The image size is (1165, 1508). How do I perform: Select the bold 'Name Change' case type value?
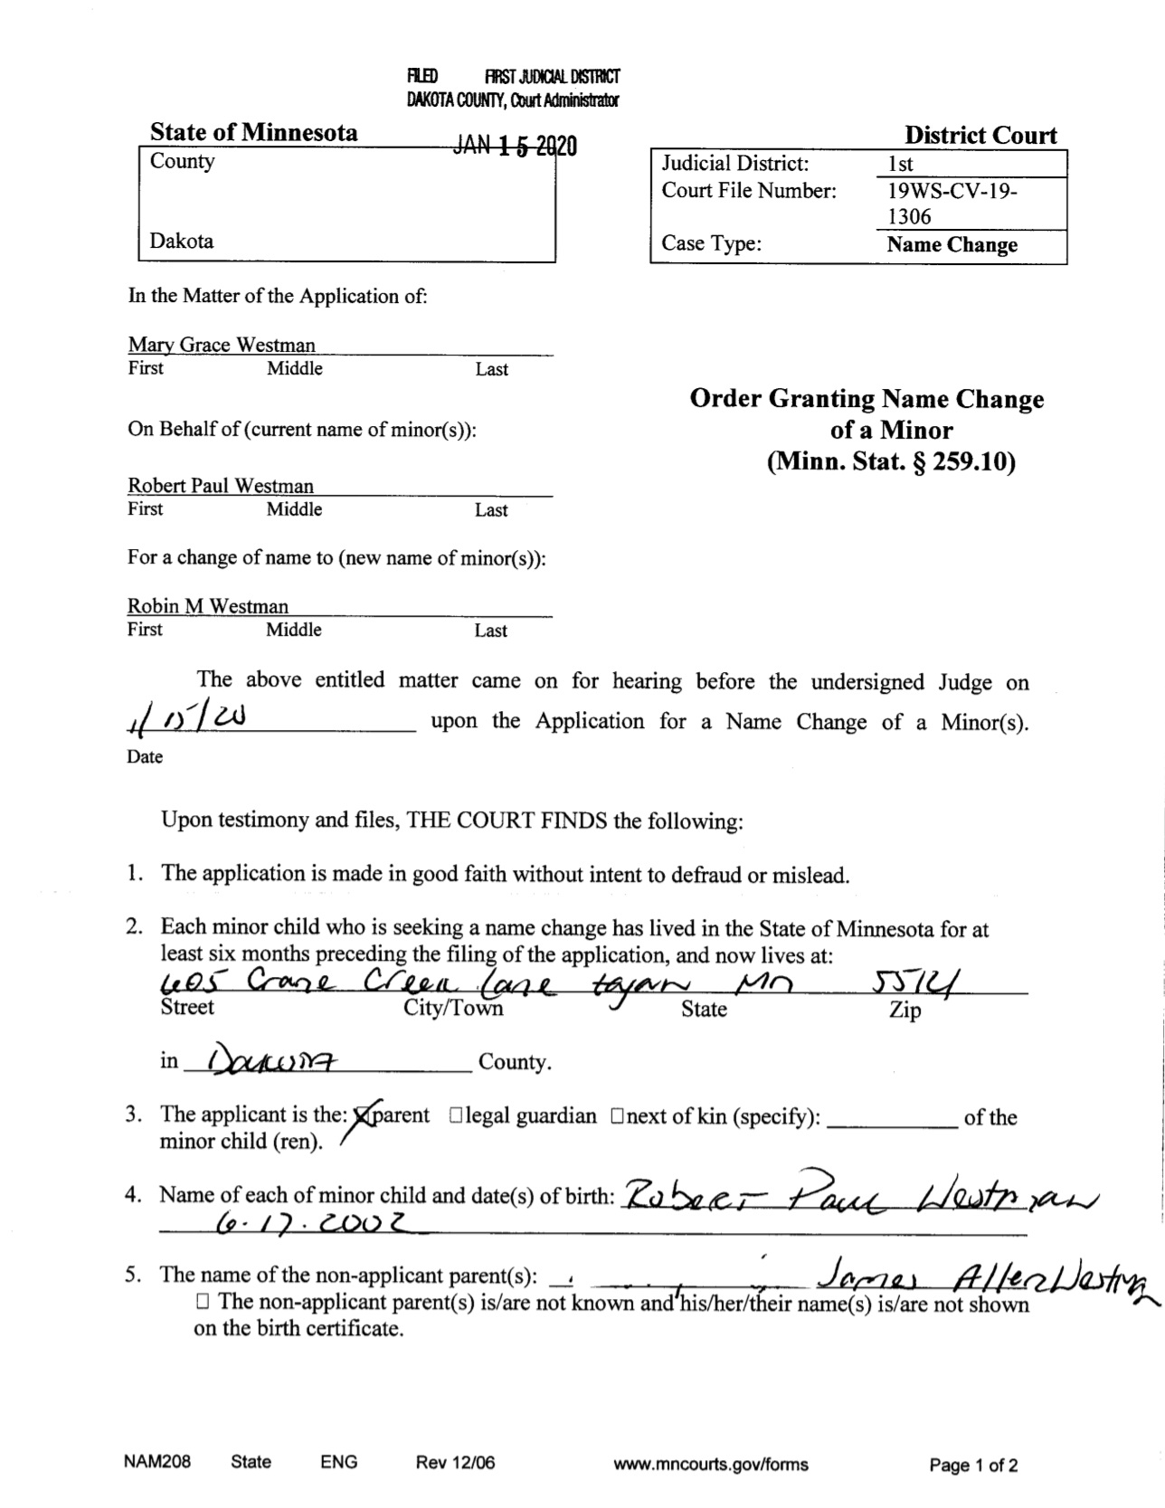952,245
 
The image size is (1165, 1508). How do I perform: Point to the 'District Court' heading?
980,136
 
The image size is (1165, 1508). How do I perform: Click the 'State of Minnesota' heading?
253,132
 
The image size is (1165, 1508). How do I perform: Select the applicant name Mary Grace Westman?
222,345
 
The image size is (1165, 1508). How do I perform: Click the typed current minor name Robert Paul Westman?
221,486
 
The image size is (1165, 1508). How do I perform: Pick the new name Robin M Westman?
208,606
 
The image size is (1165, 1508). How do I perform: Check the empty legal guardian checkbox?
456,1116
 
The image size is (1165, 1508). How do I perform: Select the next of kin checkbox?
617,1116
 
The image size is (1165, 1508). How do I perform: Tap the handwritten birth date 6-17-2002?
311,1224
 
